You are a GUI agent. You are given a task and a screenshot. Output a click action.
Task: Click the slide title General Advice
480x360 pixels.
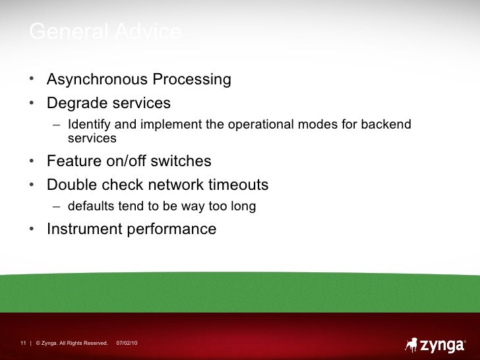(x=105, y=32)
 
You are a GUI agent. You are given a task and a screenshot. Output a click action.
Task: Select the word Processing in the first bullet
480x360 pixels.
(x=192, y=80)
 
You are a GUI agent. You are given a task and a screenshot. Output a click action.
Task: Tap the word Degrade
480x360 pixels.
(x=73, y=104)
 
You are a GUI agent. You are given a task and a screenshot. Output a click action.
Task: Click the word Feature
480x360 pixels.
(x=73, y=162)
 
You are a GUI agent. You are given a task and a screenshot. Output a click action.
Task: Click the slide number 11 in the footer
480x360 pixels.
(x=22, y=343)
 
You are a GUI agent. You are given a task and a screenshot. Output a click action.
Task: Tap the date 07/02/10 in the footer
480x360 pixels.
(x=127, y=343)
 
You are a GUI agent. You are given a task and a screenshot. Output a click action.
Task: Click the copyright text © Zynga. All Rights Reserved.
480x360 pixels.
(x=72, y=343)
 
